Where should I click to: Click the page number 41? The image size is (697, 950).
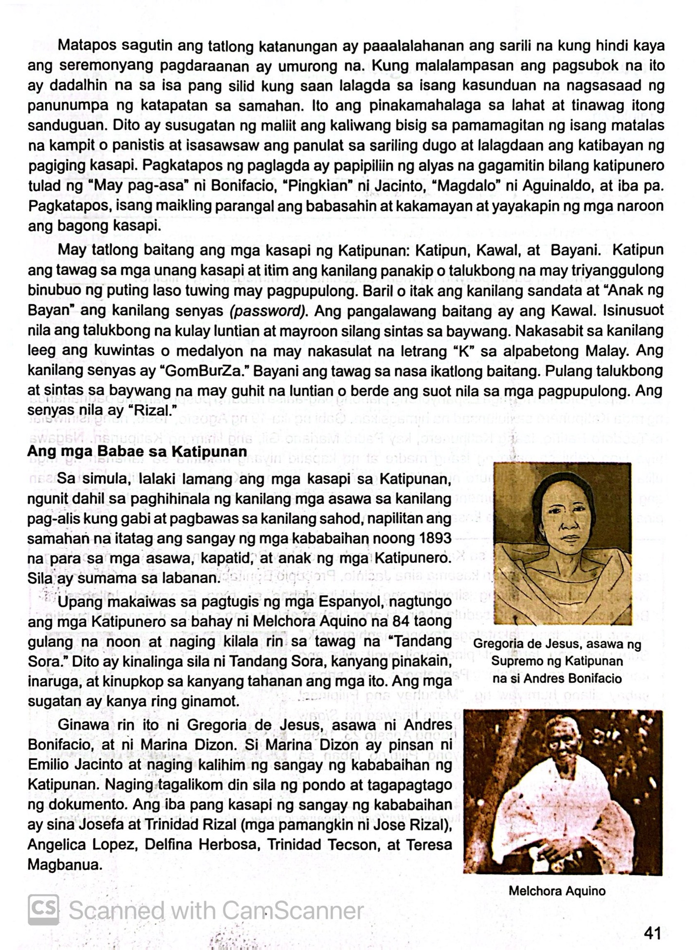click(652, 932)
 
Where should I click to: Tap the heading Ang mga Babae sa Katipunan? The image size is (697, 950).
click(137, 451)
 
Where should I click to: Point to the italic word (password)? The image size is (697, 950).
click(268, 311)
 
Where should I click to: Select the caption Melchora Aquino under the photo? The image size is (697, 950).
click(557, 891)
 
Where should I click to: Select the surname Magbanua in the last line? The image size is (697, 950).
click(64, 865)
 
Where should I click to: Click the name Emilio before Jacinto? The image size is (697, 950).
click(49, 765)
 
